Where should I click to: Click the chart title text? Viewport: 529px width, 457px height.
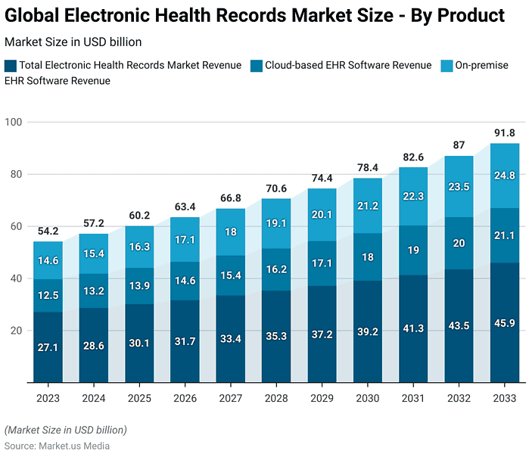(x=255, y=16)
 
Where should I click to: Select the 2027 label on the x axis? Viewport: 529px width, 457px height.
(x=231, y=398)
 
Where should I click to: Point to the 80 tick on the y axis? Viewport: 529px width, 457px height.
(x=17, y=174)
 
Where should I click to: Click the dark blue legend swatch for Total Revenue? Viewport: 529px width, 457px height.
(x=10, y=66)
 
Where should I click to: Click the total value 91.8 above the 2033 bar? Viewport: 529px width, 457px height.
(x=504, y=134)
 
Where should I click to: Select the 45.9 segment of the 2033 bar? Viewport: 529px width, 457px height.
(x=504, y=322)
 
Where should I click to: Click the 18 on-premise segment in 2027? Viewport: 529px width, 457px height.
(x=231, y=232)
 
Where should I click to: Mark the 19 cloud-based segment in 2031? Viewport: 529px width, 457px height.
(x=413, y=250)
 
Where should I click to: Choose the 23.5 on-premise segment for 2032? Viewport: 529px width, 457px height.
(x=459, y=187)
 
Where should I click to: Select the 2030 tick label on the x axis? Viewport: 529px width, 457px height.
(x=368, y=398)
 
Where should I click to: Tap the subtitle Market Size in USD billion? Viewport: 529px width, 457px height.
(x=73, y=42)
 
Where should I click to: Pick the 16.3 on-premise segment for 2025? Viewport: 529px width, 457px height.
(x=139, y=247)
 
